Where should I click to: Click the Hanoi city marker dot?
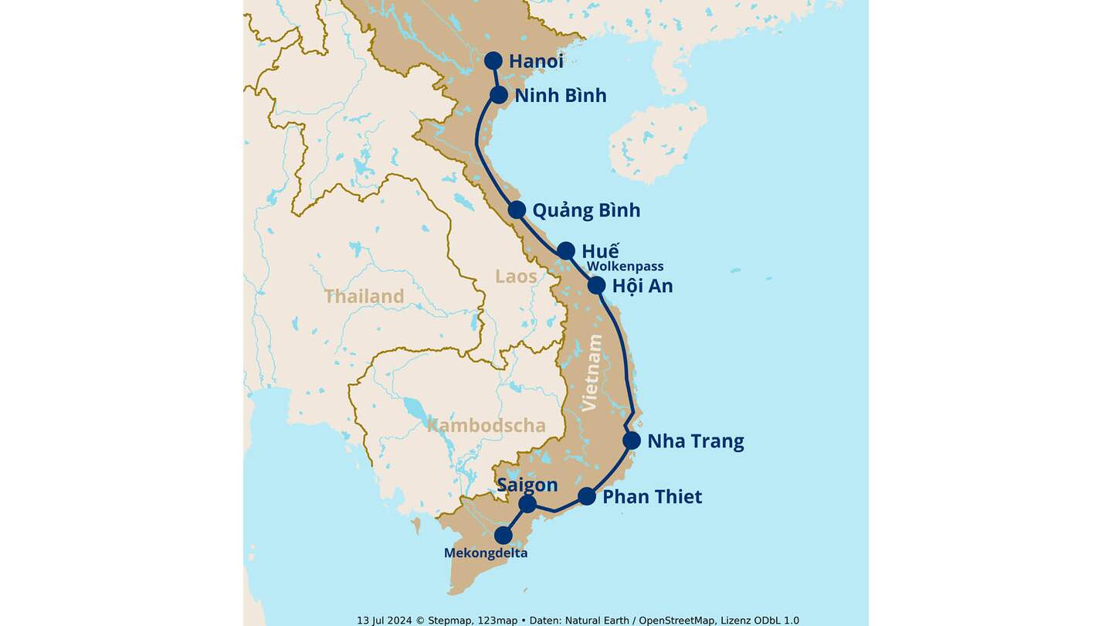[x=493, y=60]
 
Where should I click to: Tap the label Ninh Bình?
[x=560, y=96]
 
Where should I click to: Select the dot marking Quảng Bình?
[x=517, y=209]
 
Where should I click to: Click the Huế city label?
[x=600, y=251]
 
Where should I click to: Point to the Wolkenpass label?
[x=625, y=267]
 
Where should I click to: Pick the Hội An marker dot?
[x=596, y=285]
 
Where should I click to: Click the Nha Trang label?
[x=695, y=441]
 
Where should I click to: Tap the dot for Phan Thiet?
[x=587, y=496]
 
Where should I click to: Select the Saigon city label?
[x=527, y=485]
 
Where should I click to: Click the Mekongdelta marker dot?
[x=503, y=535]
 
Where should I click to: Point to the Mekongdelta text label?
[x=486, y=553]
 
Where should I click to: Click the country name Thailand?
[x=364, y=296]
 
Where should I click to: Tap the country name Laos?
[x=516, y=276]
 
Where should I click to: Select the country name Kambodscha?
[x=486, y=425]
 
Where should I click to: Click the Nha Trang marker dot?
[x=632, y=441]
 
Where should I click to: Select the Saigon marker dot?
[x=527, y=505]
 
